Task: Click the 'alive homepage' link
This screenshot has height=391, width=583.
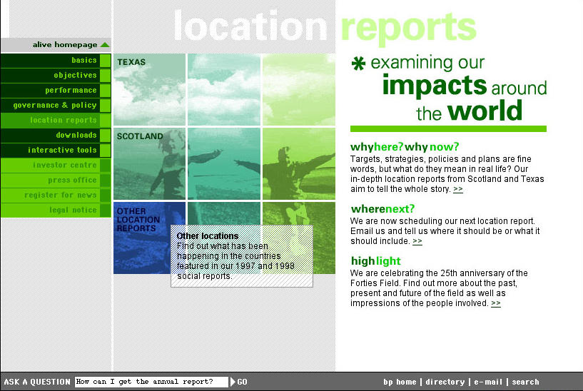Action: coord(65,45)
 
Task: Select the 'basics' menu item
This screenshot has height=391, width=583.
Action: coord(84,60)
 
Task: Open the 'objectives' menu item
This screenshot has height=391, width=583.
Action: coord(75,75)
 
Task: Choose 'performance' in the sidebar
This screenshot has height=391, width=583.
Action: coord(71,91)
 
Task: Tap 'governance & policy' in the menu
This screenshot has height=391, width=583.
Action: coord(55,105)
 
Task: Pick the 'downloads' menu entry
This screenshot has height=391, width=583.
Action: coord(76,135)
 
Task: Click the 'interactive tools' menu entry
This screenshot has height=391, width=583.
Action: coord(62,150)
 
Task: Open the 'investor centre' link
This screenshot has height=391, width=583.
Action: coord(64,165)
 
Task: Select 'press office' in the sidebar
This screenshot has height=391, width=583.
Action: coord(72,180)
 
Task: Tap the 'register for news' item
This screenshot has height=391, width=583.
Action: coord(60,195)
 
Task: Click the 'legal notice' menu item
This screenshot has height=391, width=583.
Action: coord(73,210)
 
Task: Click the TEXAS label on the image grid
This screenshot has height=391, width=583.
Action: coord(131,62)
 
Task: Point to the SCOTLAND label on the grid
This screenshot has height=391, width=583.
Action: coord(140,136)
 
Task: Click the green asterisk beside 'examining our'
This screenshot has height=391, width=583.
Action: coord(358,64)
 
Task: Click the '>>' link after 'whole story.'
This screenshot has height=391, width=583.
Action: coord(458,189)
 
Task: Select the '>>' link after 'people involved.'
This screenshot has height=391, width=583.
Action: coord(496,303)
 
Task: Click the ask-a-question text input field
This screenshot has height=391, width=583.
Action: coord(151,382)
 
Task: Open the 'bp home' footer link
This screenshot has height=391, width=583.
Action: coord(400,382)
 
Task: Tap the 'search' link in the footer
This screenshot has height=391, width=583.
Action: coord(525,382)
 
